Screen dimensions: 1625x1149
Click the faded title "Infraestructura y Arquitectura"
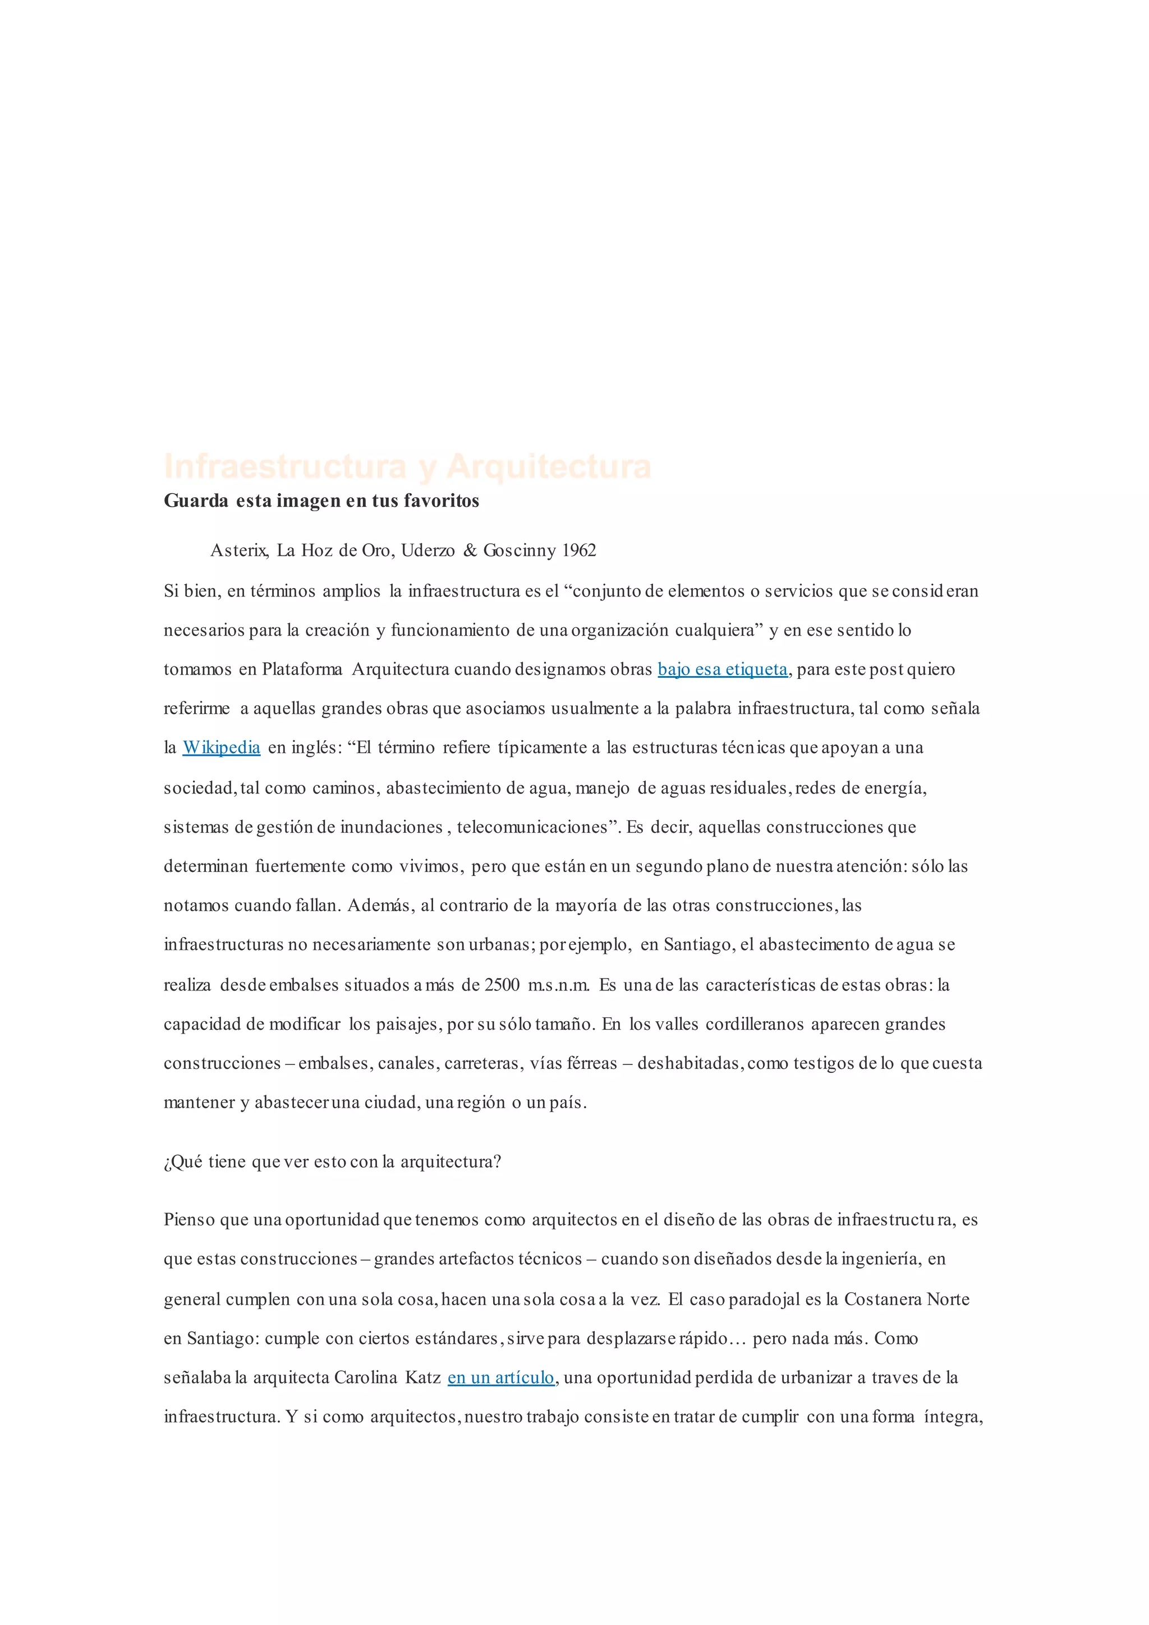(407, 466)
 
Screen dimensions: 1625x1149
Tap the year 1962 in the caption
(579, 550)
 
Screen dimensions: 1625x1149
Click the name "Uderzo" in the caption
(428, 550)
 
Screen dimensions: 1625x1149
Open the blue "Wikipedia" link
(222, 748)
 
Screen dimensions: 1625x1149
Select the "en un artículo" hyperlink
(501, 1378)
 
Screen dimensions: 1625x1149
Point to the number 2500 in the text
(502, 985)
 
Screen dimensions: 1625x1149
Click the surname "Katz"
(422, 1378)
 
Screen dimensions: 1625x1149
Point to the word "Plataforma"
(302, 669)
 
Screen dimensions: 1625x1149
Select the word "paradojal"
(765, 1300)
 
